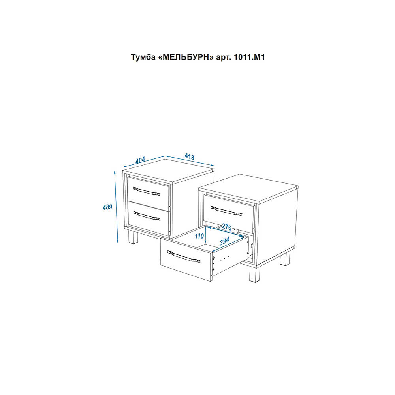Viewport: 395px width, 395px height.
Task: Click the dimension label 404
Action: (x=140, y=160)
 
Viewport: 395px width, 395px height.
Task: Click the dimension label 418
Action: (x=190, y=157)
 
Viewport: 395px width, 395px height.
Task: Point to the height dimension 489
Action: (x=107, y=207)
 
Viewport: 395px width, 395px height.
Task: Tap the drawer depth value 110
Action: (x=199, y=236)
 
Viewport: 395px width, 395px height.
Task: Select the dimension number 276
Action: (x=226, y=227)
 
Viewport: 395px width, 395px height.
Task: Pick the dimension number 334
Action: (x=224, y=241)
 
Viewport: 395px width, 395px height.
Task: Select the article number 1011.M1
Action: (x=249, y=57)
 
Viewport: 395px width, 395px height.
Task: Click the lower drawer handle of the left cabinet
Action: (x=147, y=216)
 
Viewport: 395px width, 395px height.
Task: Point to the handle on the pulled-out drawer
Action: (x=184, y=257)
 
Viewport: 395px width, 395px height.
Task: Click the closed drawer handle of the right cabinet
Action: (x=227, y=211)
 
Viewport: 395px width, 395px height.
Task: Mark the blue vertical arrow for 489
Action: (x=116, y=207)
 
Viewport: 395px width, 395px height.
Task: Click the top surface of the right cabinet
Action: (x=248, y=188)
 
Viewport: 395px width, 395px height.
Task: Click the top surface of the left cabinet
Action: (x=168, y=170)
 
